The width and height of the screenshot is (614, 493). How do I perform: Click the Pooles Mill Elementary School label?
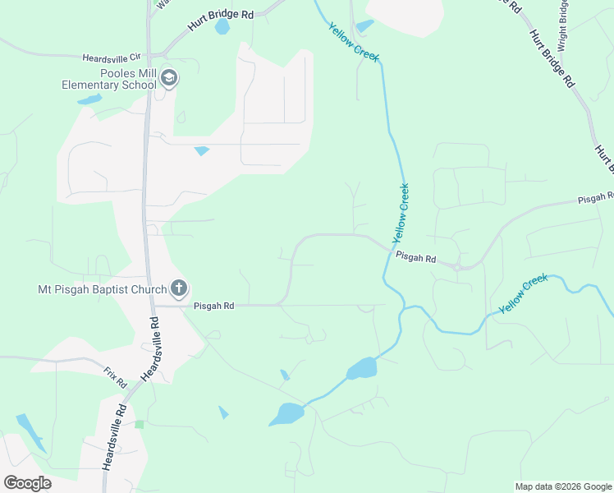pos(110,78)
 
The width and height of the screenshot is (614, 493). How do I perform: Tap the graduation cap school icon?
pos(170,79)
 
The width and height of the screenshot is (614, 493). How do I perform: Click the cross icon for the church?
pos(179,288)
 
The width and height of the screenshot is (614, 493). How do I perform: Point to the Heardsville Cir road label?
pos(112,58)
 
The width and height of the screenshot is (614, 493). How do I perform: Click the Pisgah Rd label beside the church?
pos(214,306)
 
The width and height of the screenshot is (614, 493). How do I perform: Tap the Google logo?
pos(27,482)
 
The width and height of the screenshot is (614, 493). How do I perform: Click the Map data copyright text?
pos(562,486)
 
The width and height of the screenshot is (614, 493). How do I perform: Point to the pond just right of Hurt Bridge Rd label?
pos(222,26)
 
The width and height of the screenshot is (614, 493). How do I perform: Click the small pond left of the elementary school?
pos(89,100)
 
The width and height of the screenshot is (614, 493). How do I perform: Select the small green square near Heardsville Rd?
pos(140,424)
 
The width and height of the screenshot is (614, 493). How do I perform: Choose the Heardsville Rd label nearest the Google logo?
pos(113,435)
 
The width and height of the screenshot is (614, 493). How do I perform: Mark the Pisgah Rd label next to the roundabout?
pos(415,257)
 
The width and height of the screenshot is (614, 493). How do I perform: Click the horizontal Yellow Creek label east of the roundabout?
pos(524,292)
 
